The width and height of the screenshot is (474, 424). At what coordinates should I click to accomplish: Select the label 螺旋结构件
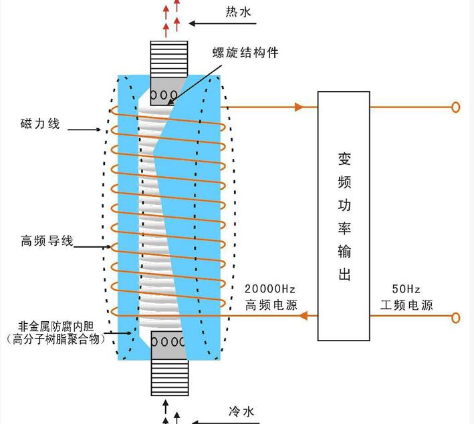(246, 53)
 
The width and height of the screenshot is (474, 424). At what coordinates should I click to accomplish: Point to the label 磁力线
(40, 125)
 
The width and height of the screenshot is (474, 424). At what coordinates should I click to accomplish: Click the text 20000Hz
(270, 289)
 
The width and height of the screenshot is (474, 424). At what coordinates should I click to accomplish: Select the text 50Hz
(406, 289)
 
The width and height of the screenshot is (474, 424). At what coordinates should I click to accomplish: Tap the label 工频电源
(406, 305)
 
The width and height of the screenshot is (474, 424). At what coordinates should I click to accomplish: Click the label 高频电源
(270, 305)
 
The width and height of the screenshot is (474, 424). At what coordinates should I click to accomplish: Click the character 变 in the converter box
(344, 161)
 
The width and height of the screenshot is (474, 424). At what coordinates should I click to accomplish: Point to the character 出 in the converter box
(344, 274)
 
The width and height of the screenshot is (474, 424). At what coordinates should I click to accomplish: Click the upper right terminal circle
(455, 107)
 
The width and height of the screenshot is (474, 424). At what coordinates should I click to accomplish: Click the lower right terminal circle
(455, 317)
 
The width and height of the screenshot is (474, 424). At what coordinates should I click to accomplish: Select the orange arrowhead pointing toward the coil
(302, 316)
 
